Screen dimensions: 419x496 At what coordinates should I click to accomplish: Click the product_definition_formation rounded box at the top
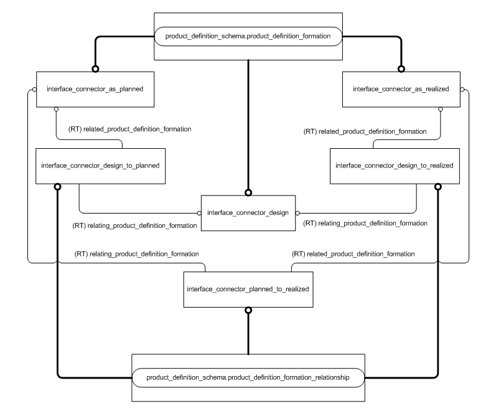pyautogui.click(x=248, y=37)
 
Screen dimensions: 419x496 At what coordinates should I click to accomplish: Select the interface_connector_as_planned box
pyautogui.click(x=95, y=89)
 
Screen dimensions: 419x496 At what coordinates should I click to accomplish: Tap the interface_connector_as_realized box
pyautogui.click(x=401, y=89)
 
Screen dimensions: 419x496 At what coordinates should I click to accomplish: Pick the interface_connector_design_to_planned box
pyautogui.click(x=100, y=166)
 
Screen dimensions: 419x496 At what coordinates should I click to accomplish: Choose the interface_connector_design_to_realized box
pyautogui.click(x=395, y=166)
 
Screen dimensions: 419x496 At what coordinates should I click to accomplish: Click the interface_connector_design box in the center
pyautogui.click(x=248, y=213)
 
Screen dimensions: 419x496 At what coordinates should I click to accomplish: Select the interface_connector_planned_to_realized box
pyautogui.click(x=248, y=290)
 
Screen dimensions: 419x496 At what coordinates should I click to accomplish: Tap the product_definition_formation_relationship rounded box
pyautogui.click(x=248, y=378)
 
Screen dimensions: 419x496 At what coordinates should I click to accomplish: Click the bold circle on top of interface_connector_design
pyautogui.click(x=248, y=192)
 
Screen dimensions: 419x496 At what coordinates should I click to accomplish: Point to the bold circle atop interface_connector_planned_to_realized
pyautogui.click(x=248, y=309)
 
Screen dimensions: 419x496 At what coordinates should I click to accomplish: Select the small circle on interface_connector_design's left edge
pyautogui.click(x=199, y=213)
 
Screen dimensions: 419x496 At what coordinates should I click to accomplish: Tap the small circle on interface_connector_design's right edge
pyautogui.click(x=297, y=213)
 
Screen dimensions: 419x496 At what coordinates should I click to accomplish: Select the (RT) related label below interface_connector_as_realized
pyautogui.click(x=365, y=131)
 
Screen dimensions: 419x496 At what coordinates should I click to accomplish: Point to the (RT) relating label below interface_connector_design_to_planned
pyautogui.click(x=136, y=225)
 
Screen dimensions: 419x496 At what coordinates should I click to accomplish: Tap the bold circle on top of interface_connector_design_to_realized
pyautogui.click(x=438, y=186)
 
